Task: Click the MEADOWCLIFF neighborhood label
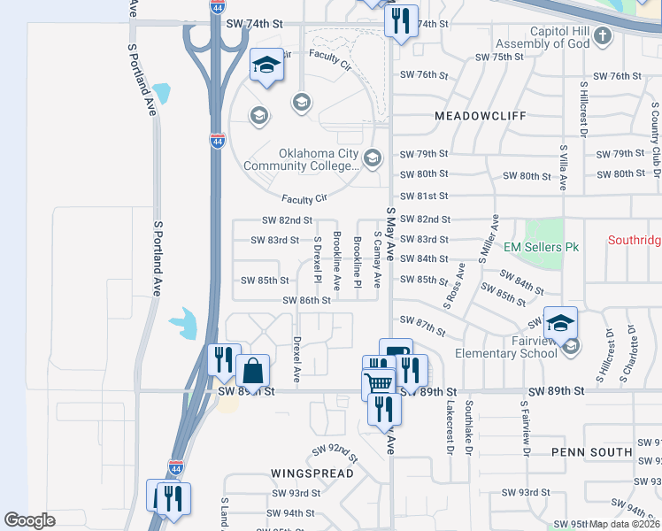pos(481,116)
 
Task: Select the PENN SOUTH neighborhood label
pos(591,452)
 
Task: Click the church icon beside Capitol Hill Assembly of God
pos(603,36)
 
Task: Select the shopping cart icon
pos(379,383)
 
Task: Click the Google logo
pos(29,520)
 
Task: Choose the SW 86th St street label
pos(306,300)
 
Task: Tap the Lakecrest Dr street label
pos(450,427)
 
